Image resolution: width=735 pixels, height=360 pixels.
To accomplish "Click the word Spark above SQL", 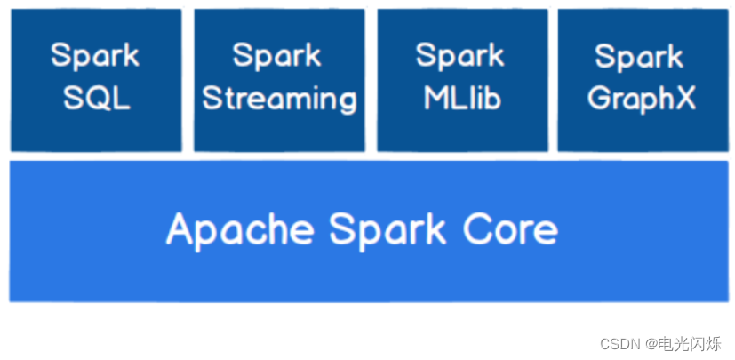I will (x=95, y=55).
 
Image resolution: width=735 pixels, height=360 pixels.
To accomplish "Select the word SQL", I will (x=96, y=98).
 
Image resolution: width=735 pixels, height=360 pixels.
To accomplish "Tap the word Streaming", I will (x=279, y=99).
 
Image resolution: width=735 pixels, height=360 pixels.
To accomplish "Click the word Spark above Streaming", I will (x=277, y=55).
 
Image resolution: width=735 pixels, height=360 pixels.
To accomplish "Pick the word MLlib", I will (x=461, y=98).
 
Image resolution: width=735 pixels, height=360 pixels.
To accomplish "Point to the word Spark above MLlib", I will (x=460, y=55).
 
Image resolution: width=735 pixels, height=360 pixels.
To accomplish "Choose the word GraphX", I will (x=641, y=98).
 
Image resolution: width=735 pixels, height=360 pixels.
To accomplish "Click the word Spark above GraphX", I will (x=640, y=57).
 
